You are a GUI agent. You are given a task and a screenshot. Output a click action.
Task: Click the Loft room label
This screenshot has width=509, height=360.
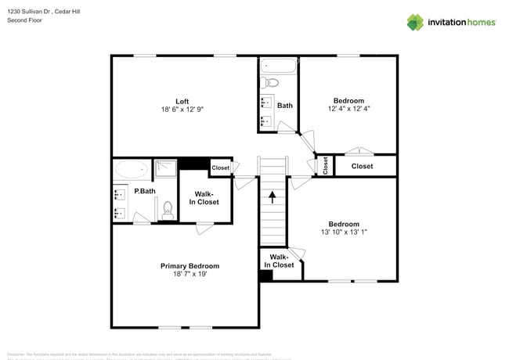182,101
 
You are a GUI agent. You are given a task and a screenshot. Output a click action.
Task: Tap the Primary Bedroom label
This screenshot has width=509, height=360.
190,266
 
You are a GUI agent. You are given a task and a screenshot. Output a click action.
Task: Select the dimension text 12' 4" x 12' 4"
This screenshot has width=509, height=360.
348,109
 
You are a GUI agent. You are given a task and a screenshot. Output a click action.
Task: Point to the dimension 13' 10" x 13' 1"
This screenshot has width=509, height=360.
344,232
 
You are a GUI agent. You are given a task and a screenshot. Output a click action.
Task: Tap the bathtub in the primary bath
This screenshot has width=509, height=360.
131,168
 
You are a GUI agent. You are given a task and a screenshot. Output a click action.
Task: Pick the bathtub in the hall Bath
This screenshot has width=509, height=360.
279,67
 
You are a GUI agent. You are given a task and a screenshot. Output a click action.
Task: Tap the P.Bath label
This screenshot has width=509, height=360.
143,191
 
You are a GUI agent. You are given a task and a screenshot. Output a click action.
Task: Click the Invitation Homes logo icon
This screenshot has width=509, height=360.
417,22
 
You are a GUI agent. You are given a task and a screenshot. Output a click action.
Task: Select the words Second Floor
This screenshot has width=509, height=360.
23,20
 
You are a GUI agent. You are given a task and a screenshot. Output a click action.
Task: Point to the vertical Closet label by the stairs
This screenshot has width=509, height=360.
326,165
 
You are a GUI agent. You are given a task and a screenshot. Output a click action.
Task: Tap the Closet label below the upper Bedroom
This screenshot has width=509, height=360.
362,166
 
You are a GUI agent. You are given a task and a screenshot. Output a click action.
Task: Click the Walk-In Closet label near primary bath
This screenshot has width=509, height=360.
204,197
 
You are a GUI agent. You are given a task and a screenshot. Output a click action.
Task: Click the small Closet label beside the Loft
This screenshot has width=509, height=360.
221,167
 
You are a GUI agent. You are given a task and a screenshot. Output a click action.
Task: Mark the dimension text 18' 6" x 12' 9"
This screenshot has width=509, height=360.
182,110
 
